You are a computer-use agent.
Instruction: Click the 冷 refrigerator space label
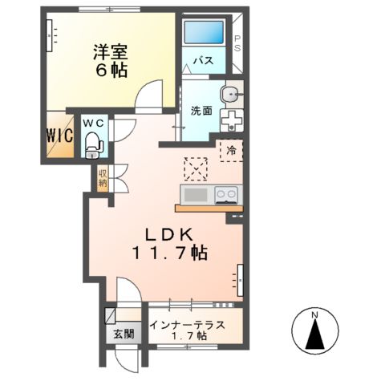(x=230, y=149)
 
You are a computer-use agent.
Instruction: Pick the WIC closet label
(x=60, y=134)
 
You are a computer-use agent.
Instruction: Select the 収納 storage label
(x=103, y=177)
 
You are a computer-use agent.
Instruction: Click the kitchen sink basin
(x=196, y=195)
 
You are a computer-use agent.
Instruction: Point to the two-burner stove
(x=225, y=194)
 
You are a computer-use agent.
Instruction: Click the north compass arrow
(x=316, y=331)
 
